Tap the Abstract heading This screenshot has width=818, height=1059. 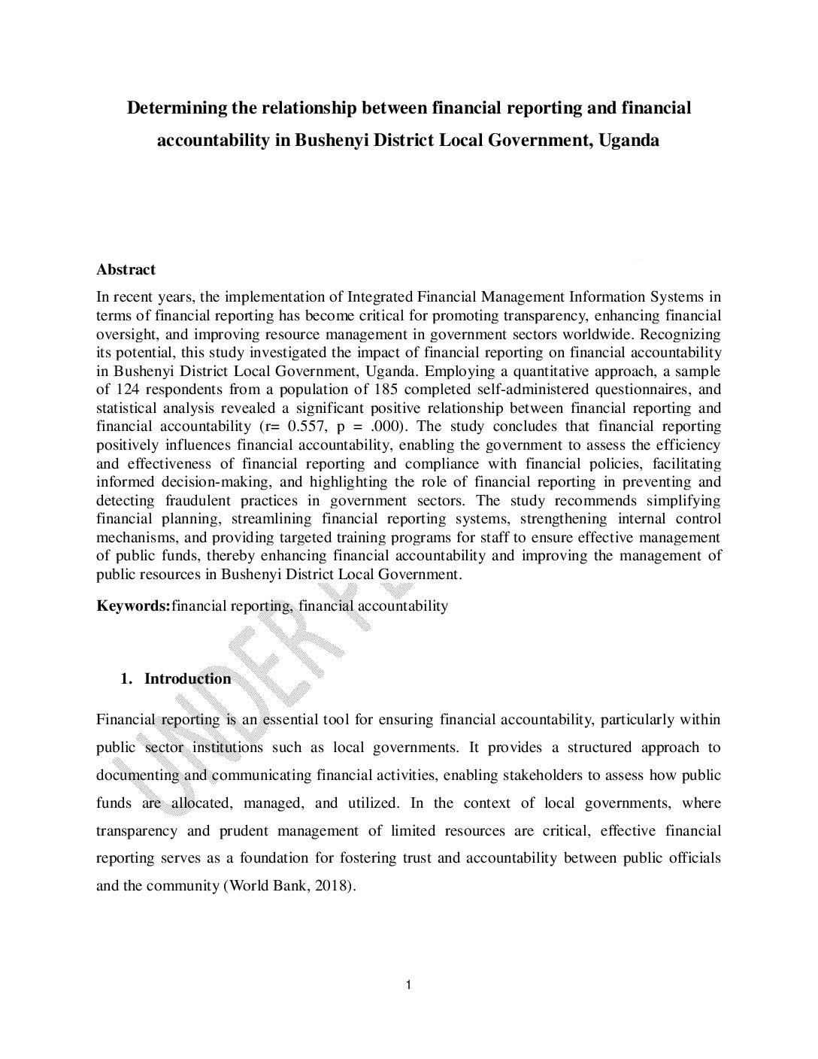(x=126, y=269)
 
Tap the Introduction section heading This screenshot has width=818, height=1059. (x=188, y=679)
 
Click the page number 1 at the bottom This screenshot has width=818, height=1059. (x=408, y=985)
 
